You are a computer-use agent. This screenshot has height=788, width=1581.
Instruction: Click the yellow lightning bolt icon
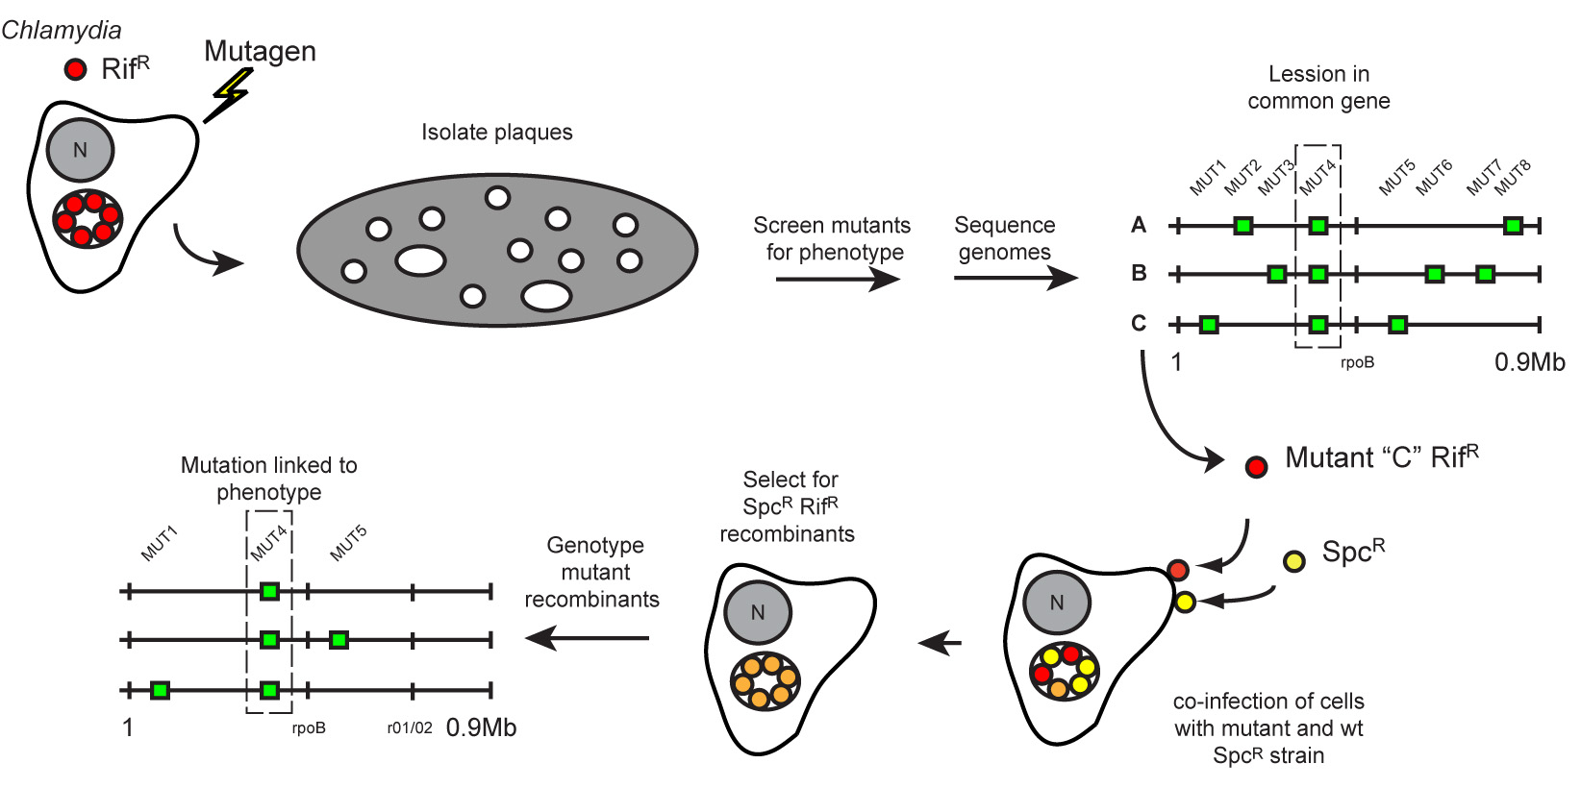(230, 94)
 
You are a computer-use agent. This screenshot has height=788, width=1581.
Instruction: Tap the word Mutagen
(260, 51)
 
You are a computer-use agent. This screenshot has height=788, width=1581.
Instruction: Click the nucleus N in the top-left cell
(80, 150)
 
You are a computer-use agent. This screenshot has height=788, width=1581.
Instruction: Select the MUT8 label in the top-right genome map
(1512, 178)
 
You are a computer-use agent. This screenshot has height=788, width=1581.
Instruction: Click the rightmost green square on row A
(1513, 226)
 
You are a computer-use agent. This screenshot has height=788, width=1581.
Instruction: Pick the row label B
(1139, 273)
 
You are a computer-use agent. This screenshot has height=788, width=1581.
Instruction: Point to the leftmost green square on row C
(1209, 325)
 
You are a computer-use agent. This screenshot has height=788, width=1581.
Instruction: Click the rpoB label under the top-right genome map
(1357, 362)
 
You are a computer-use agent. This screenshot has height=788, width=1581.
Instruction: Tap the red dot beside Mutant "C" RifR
(1256, 467)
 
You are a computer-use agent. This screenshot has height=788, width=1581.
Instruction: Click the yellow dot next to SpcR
(1294, 561)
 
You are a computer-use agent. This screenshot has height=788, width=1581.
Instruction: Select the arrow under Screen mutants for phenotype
(837, 279)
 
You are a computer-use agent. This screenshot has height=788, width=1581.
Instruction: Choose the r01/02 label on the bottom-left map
(410, 727)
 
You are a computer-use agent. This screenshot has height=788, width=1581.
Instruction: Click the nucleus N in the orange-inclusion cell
(758, 612)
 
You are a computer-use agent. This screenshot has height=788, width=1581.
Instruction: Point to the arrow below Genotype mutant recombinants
(588, 637)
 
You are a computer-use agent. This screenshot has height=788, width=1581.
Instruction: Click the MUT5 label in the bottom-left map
(348, 544)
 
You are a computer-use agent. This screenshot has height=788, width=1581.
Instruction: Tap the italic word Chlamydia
(62, 30)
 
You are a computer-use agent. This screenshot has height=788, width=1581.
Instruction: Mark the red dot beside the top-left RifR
(75, 69)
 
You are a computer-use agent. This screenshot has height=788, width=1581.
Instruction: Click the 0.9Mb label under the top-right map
(1529, 362)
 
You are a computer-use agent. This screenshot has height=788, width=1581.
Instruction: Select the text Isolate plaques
(496, 133)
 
